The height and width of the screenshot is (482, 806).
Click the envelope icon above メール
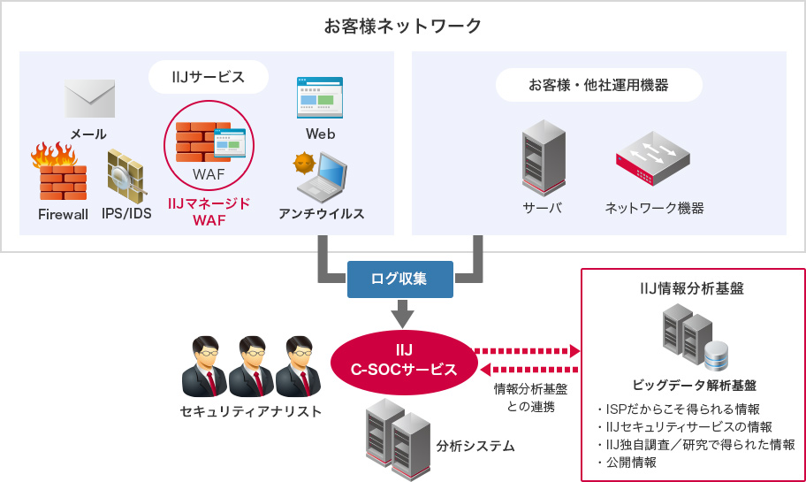89,99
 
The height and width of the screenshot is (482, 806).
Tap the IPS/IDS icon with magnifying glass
125,173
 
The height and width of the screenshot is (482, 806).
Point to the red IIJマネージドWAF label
209,211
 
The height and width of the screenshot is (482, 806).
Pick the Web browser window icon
320,98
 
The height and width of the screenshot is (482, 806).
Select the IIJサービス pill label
209,78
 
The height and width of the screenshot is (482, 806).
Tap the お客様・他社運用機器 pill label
598,85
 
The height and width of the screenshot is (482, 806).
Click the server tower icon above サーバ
543,157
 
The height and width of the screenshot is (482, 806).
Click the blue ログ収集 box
400,279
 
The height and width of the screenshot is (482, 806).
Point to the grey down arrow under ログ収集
402,312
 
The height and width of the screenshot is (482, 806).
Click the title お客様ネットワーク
403,26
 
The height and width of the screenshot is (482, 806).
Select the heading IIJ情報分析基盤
692,287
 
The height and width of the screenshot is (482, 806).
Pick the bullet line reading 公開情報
631,462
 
